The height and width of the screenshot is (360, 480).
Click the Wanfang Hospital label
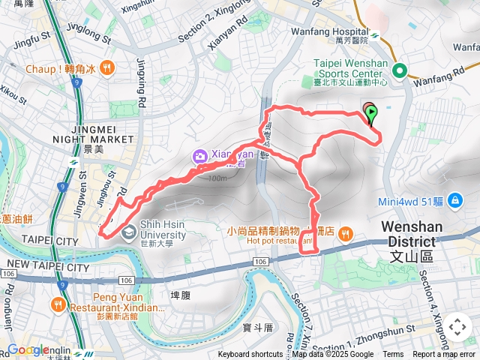pyautogui.click(x=334, y=32)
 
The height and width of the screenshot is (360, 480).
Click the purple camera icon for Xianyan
pyautogui.click(x=199, y=156)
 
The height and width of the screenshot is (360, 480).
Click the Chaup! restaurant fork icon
pyautogui.click(x=107, y=67)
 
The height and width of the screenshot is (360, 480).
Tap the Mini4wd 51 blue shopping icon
pyautogui.click(x=454, y=200)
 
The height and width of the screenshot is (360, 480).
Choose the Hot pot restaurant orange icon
pyautogui.click(x=345, y=232)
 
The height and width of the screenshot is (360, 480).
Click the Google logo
pyautogui.click(x=27, y=350)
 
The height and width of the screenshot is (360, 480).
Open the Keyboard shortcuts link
pyautogui.click(x=250, y=355)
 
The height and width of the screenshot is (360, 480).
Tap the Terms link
pyautogui.click(x=393, y=355)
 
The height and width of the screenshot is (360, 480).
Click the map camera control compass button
pyautogui.click(x=457, y=327)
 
